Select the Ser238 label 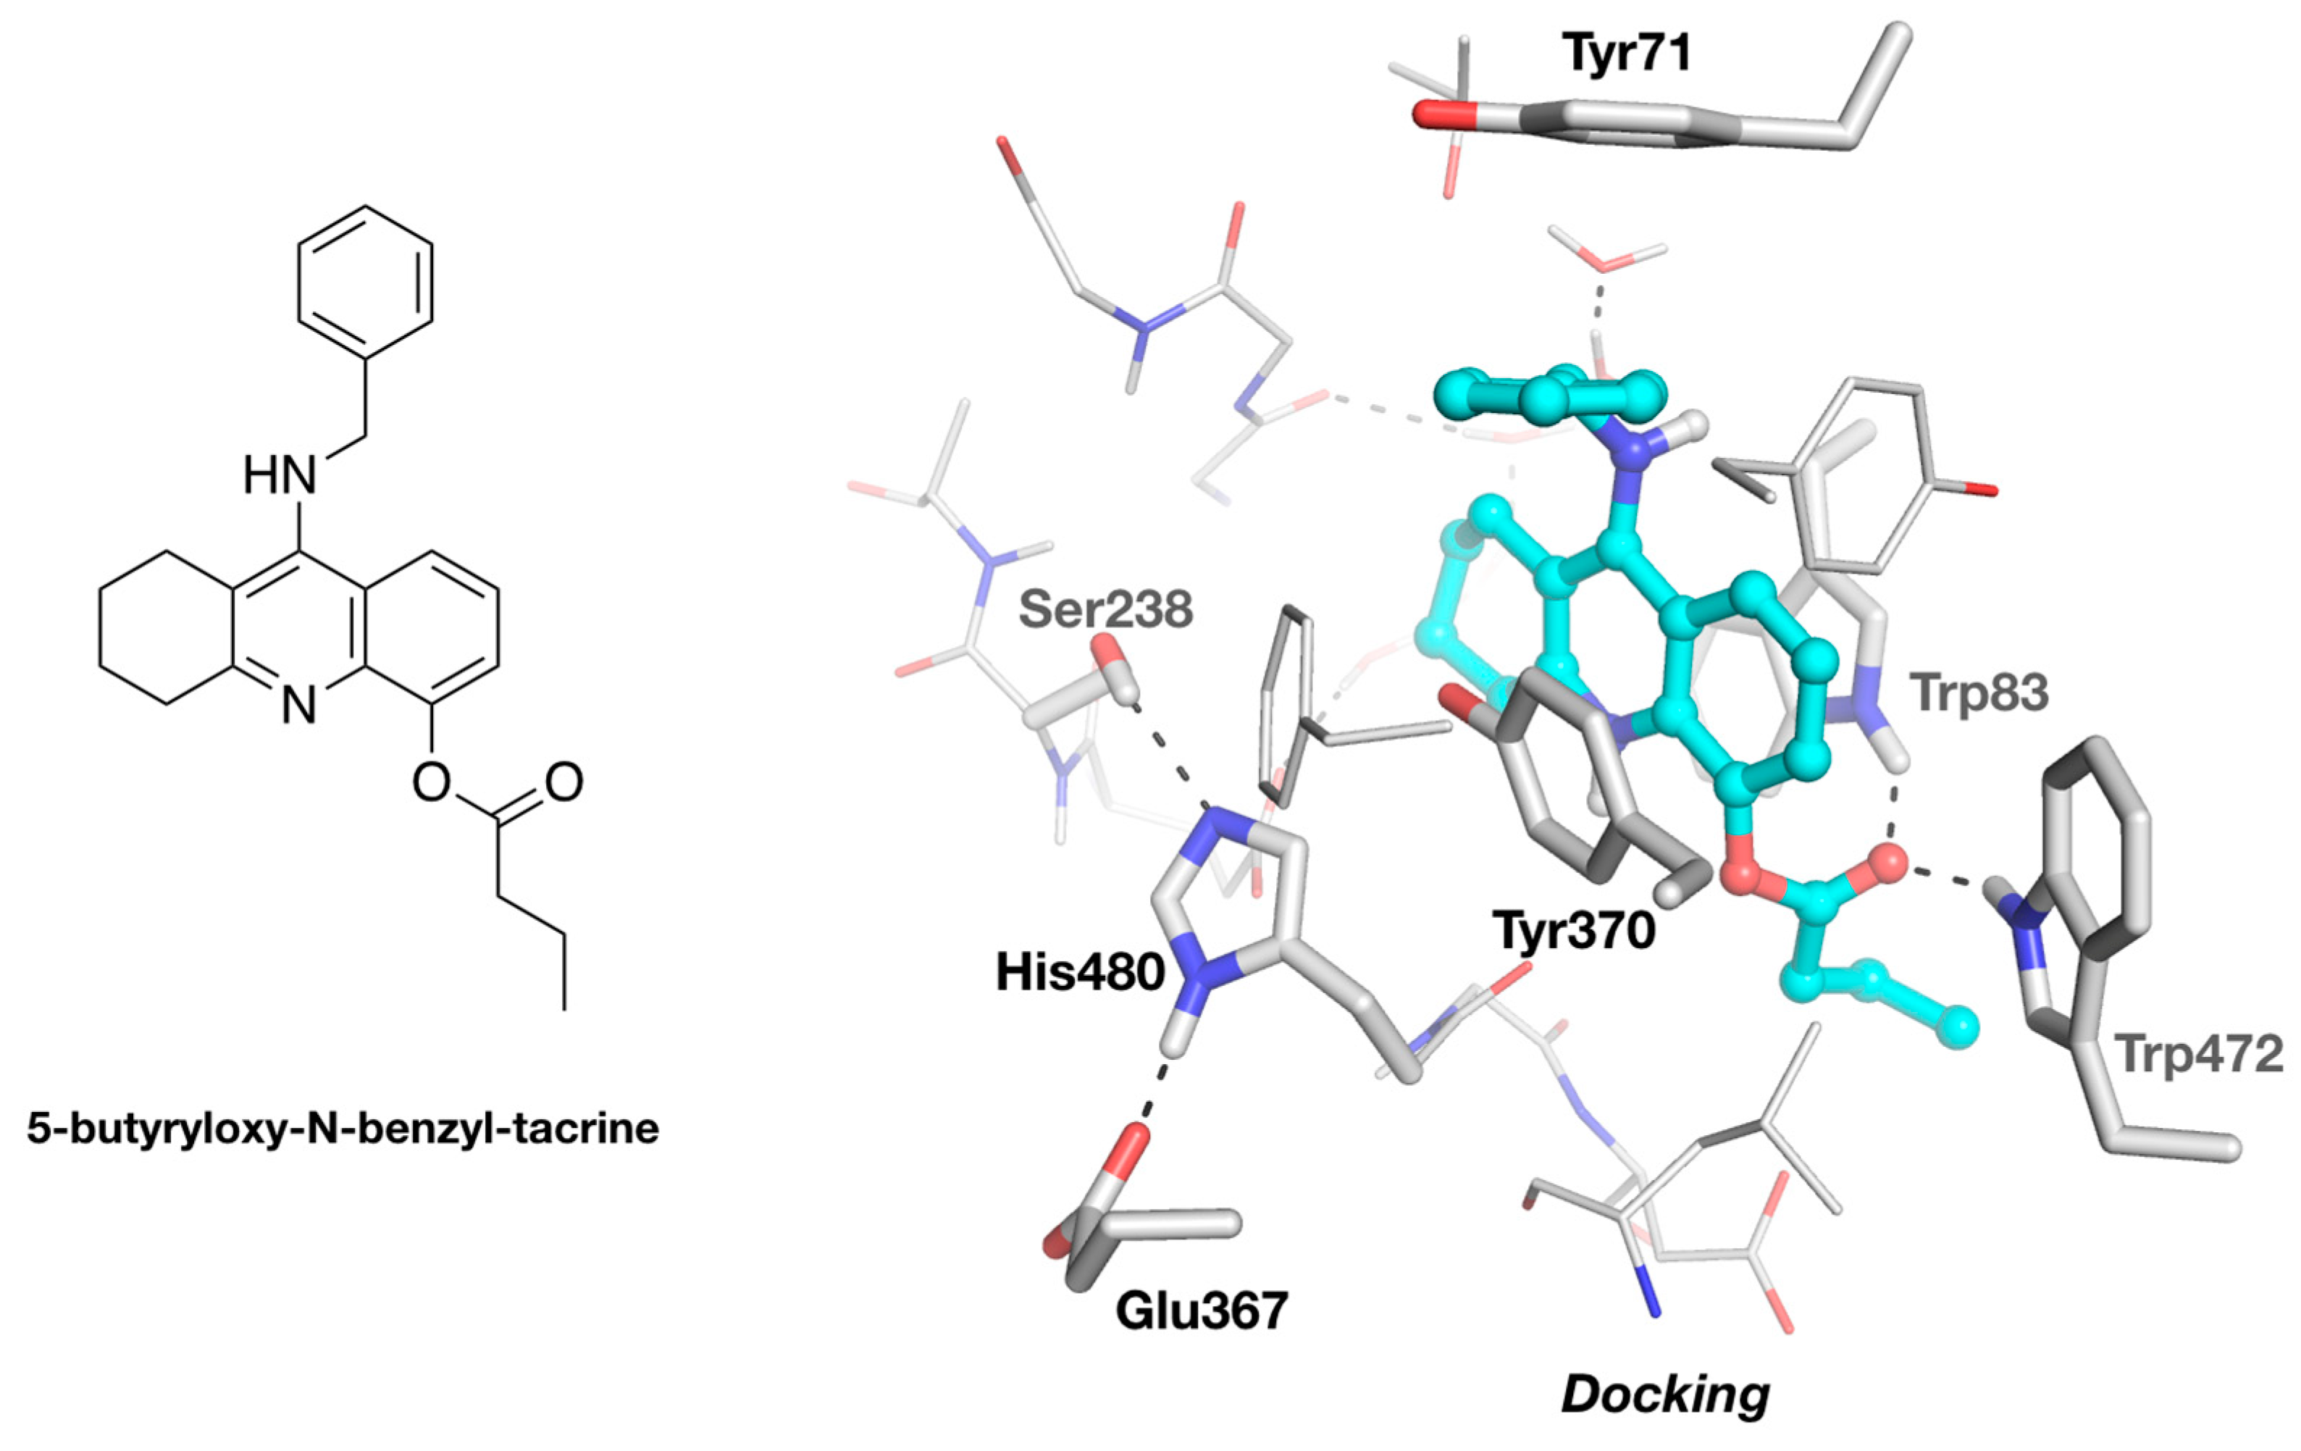pos(1105,609)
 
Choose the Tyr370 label pos(1574,930)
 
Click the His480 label pos(1080,973)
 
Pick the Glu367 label pos(1201,1310)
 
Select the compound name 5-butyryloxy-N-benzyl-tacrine pos(342,1129)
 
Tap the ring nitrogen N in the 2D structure pos(298,706)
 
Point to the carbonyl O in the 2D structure pos(563,782)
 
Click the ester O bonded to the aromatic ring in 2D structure pos(431,782)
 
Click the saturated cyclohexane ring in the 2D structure pos(167,627)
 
